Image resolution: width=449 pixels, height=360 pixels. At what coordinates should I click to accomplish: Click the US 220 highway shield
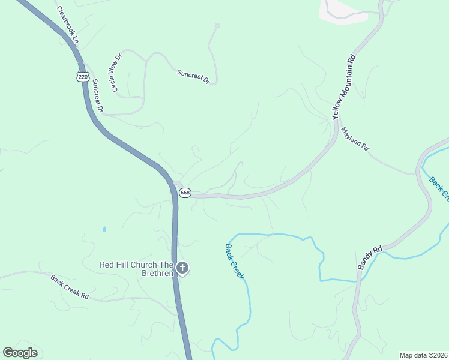pyautogui.click(x=83, y=76)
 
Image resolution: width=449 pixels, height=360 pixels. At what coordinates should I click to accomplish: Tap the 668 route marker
pyautogui.click(x=185, y=193)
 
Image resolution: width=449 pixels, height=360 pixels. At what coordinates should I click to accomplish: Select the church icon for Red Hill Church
pyautogui.click(x=182, y=268)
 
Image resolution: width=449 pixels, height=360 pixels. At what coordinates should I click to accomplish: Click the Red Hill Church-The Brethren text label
pyautogui.click(x=137, y=269)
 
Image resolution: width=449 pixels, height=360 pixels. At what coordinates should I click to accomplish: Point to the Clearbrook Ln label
pyautogui.click(x=68, y=23)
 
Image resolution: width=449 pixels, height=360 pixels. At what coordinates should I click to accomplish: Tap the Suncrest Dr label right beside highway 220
pyautogui.click(x=98, y=97)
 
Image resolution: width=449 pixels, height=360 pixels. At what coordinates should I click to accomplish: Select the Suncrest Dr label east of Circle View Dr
pyautogui.click(x=193, y=76)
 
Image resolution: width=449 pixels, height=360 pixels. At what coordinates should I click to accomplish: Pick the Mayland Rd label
pyautogui.click(x=355, y=139)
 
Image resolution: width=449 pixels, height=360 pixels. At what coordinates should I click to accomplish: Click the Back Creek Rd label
pyautogui.click(x=70, y=287)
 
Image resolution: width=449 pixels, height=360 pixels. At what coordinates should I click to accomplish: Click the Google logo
pyautogui.click(x=20, y=353)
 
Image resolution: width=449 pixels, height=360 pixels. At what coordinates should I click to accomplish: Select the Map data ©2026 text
pyautogui.click(x=423, y=355)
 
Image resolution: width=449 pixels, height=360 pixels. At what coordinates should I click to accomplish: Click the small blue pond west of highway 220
pyautogui.click(x=104, y=229)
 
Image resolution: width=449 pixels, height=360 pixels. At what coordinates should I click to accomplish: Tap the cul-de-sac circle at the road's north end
pyautogui.click(x=217, y=25)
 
